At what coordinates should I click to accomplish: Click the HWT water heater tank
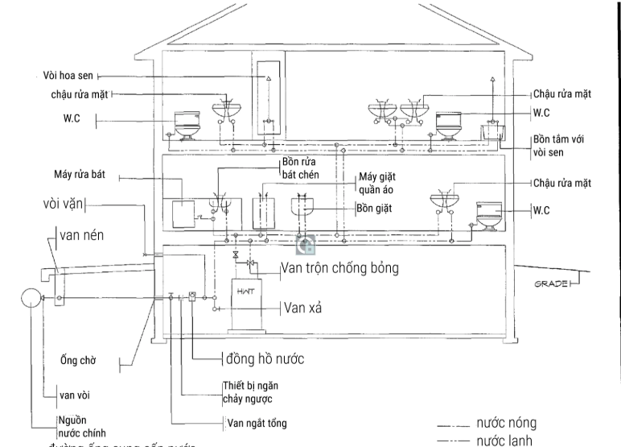(x=245, y=304)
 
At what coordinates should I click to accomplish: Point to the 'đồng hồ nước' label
(x=264, y=357)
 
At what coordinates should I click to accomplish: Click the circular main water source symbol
(x=30, y=298)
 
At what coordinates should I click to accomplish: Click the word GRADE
(x=551, y=284)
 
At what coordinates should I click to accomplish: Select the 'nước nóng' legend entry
(x=506, y=423)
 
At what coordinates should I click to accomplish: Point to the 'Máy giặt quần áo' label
(x=377, y=181)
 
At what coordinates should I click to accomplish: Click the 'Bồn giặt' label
(x=374, y=209)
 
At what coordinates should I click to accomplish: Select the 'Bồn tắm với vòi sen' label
(x=557, y=145)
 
